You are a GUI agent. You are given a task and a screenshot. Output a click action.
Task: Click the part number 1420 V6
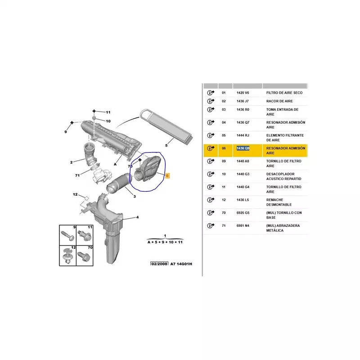pyautogui.click(x=243, y=93)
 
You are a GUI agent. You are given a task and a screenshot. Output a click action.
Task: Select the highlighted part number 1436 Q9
pyautogui.click(x=243, y=148)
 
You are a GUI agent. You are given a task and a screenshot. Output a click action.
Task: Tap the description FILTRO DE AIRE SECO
pyautogui.click(x=284, y=93)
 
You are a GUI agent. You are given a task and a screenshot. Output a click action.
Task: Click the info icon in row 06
pyautogui.click(x=210, y=148)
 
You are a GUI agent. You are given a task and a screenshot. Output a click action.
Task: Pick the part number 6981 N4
pyautogui.click(x=243, y=225)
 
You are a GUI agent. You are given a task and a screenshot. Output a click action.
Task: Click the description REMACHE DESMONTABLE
pyautogui.click(x=279, y=202)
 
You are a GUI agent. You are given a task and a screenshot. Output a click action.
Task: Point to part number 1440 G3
pyautogui.click(x=243, y=174)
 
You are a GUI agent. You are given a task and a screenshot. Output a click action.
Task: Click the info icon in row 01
pyautogui.click(x=210, y=93)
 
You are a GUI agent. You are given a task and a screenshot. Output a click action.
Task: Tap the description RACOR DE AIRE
pyautogui.click(x=279, y=101)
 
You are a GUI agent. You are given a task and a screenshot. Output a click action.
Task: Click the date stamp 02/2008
pyautogui.click(x=158, y=263)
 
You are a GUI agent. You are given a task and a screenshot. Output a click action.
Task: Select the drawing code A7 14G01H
pyautogui.click(x=181, y=263)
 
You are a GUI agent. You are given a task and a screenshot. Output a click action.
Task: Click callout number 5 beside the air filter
pyautogui.click(x=166, y=145)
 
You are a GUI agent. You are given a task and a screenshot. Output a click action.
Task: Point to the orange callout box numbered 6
pyautogui.click(x=167, y=176)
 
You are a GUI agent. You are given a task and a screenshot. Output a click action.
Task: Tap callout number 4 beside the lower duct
pyautogui.click(x=138, y=218)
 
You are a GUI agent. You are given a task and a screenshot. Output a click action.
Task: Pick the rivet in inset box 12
pyautogui.click(x=67, y=257)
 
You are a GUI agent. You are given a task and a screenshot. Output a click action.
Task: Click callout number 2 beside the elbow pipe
pyautogui.click(x=71, y=162)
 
